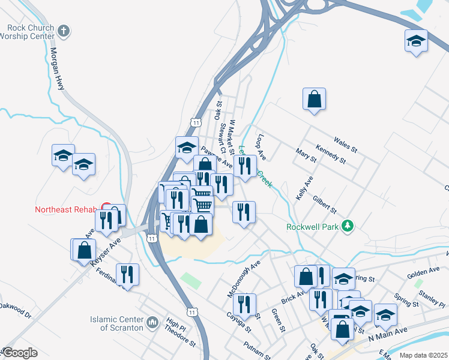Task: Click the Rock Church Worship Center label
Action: [x=32, y=32]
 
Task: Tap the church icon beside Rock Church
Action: [x=65, y=29]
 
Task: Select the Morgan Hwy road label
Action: [x=58, y=70]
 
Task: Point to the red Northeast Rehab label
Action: [x=66, y=209]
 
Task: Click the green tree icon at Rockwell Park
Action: [x=346, y=226]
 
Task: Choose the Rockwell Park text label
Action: [x=312, y=227]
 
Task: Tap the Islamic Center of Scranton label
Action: [x=117, y=323]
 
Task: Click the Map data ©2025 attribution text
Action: [x=423, y=355]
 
